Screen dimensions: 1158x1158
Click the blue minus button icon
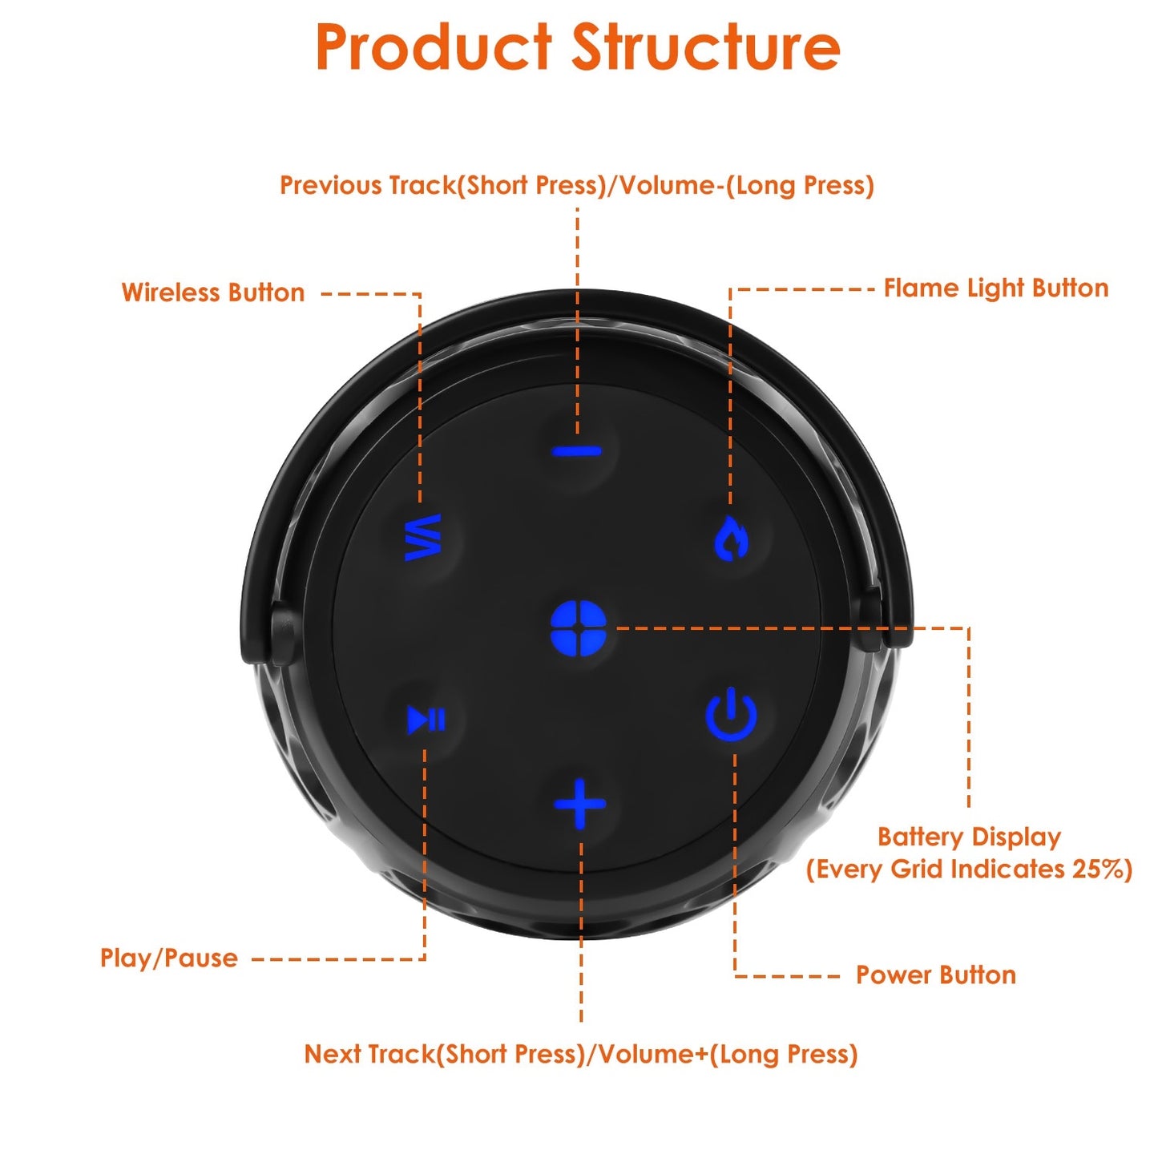click(x=577, y=451)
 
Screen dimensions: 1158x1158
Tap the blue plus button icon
click(x=580, y=804)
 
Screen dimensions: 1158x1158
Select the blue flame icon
click(x=731, y=538)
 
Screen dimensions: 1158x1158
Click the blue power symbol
click(x=731, y=716)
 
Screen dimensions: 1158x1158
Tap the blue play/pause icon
click(x=426, y=719)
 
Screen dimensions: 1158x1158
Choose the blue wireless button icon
click(x=423, y=537)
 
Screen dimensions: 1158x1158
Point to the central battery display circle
click(x=579, y=628)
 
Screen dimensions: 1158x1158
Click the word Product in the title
click(x=434, y=47)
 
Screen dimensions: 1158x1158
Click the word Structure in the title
click(x=705, y=47)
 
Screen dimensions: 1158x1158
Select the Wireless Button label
click(x=213, y=293)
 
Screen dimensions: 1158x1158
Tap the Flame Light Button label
click(x=995, y=288)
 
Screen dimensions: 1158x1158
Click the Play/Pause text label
click(x=169, y=958)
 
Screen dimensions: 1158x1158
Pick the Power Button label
click(x=935, y=975)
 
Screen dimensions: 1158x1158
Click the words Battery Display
click(x=969, y=837)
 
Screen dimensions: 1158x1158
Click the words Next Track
click(x=369, y=1054)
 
